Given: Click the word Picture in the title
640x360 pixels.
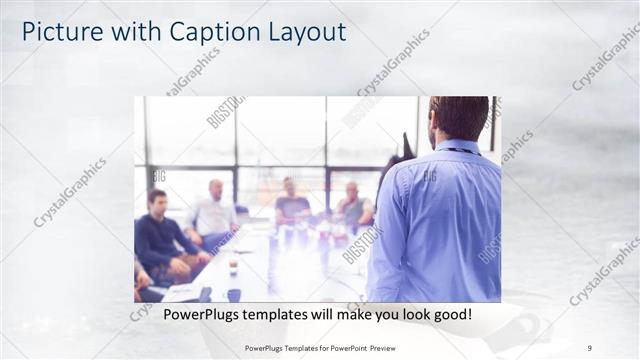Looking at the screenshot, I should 58,32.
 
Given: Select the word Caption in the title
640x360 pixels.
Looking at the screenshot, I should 199,33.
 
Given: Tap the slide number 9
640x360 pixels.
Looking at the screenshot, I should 590,348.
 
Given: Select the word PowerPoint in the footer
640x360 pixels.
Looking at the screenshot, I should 339,348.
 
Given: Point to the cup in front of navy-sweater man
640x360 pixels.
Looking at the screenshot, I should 233,268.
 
